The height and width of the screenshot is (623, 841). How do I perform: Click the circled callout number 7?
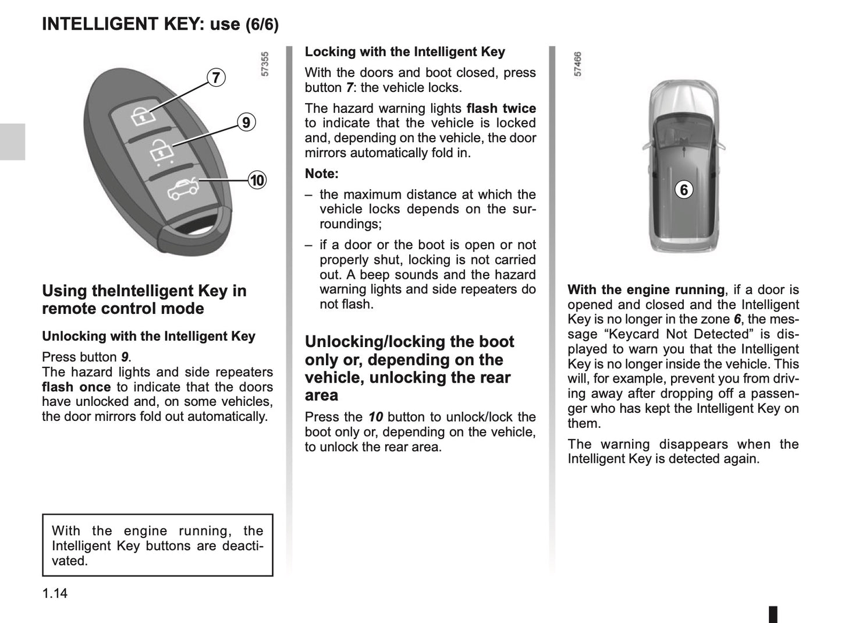point(216,77)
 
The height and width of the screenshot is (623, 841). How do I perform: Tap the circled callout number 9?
point(246,122)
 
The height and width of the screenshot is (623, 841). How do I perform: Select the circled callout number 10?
point(257,180)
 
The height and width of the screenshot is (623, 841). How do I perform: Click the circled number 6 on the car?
point(684,190)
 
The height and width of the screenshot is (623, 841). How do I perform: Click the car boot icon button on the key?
point(182,189)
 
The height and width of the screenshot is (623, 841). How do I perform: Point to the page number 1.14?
point(55,593)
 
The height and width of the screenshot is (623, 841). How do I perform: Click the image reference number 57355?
point(265,65)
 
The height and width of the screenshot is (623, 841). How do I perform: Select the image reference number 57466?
point(578,65)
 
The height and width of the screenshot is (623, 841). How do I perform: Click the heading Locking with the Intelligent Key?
point(405,52)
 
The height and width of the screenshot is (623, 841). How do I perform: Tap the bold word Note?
point(321,174)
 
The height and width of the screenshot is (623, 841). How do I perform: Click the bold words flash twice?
point(501,108)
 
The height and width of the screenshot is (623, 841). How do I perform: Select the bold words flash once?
point(76,387)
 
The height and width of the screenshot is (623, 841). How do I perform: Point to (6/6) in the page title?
point(262,24)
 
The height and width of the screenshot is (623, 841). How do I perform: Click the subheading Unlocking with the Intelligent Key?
point(148,337)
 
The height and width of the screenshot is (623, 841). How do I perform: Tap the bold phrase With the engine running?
point(645,290)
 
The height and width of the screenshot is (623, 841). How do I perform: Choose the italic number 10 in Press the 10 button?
point(375,417)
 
